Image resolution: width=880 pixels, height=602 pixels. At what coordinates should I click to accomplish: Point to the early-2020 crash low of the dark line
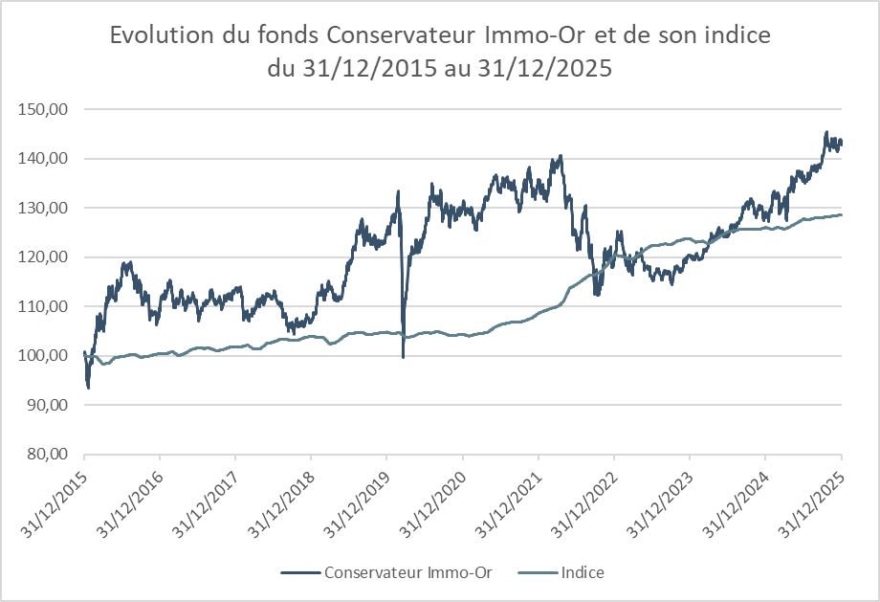[x=403, y=357]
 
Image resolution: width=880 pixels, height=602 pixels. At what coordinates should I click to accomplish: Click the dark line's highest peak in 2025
[x=826, y=132]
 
